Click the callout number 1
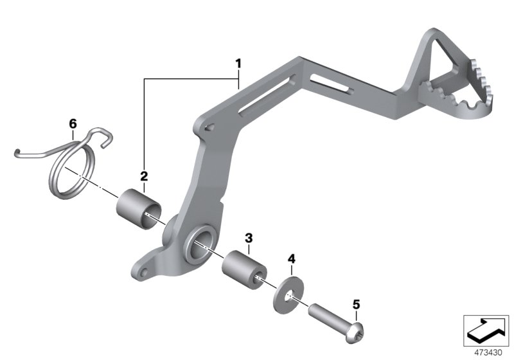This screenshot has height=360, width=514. pos(238,64)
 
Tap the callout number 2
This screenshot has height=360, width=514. pos(144,175)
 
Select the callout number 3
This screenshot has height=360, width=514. pos(249,238)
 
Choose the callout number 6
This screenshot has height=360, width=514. pos(73,122)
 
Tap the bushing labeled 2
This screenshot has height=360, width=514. pos(138,206)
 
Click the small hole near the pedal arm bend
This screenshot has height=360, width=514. pos(209,128)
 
